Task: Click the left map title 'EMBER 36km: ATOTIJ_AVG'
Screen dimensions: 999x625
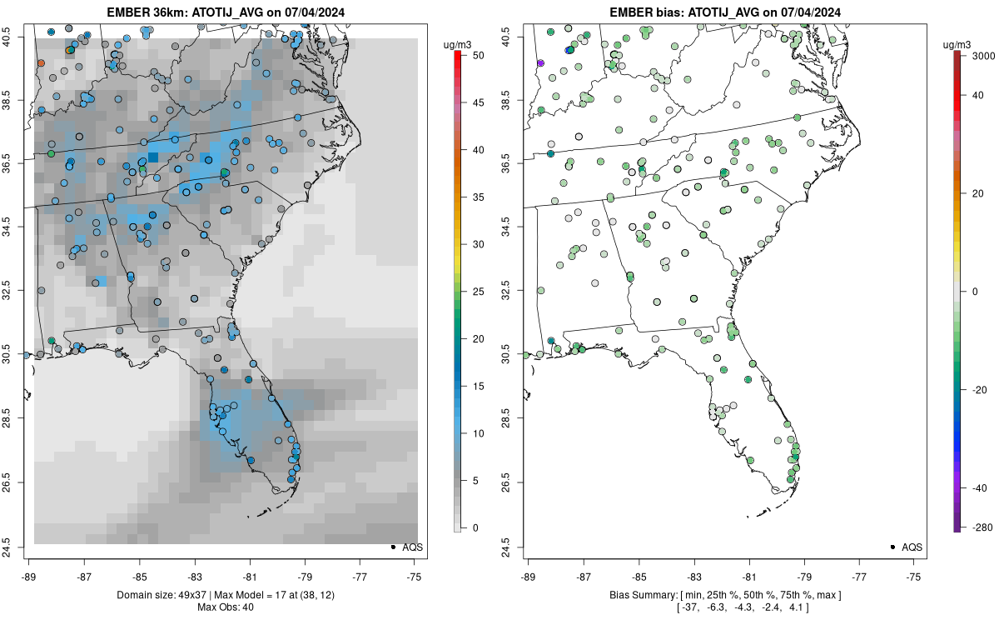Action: (x=185, y=12)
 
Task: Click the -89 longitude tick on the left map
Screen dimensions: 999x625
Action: (x=29, y=577)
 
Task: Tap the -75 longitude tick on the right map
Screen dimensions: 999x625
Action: (x=914, y=577)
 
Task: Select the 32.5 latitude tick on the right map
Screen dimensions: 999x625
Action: (x=505, y=290)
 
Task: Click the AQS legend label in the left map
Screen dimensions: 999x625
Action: (x=413, y=547)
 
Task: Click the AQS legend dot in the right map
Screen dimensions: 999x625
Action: (x=892, y=547)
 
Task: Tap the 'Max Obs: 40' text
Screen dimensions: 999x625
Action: (x=226, y=607)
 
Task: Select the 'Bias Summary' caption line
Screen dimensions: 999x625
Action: (x=725, y=595)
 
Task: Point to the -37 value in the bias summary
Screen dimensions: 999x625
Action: (x=690, y=607)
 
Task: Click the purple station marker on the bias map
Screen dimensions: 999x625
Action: (x=540, y=63)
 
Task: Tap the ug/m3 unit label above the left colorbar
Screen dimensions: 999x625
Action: (x=457, y=45)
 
